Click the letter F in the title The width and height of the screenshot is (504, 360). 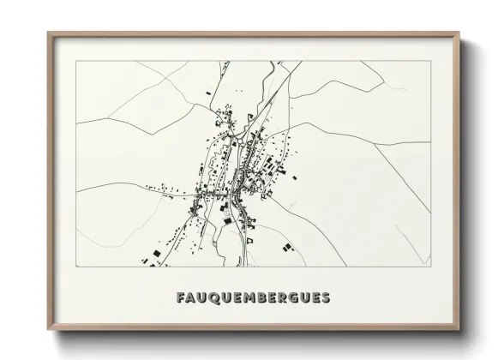tap(180, 298)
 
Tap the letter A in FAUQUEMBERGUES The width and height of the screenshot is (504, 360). tap(190, 298)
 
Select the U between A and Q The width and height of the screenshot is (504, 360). tap(201, 298)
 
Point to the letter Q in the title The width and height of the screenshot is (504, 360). tap(213, 298)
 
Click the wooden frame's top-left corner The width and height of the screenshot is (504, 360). tap(48, 33)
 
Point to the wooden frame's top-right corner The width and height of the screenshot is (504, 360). tap(460, 33)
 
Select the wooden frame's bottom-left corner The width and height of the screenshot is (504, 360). tap(48, 331)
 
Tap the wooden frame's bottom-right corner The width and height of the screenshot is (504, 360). tap(460, 331)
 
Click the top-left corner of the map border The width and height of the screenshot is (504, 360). tap(76, 62)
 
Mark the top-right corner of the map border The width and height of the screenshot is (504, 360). tap(431, 62)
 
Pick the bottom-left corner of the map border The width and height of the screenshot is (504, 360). tap(76, 267)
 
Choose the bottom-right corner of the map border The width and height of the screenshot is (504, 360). tap(431, 267)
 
